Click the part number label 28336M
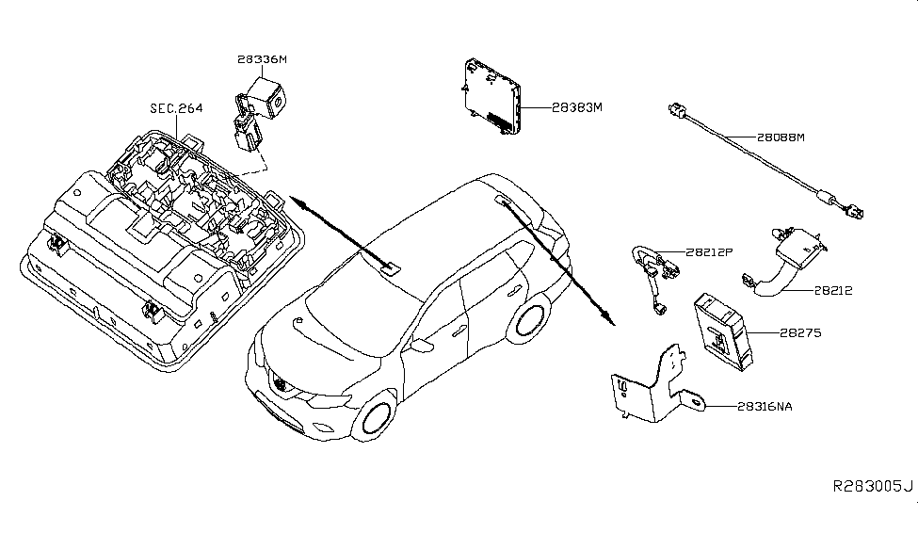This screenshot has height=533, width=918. pyautogui.click(x=262, y=59)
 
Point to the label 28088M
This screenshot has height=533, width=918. pyautogui.click(x=779, y=137)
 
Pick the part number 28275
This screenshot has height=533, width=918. pyautogui.click(x=801, y=332)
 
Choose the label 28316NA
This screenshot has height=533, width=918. pyautogui.click(x=765, y=406)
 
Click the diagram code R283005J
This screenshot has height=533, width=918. pyautogui.click(x=871, y=486)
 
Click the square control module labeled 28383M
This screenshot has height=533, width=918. pyautogui.click(x=493, y=98)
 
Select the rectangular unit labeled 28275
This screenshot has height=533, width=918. pyautogui.click(x=723, y=332)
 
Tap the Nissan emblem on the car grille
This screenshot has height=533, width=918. pyautogui.click(x=280, y=384)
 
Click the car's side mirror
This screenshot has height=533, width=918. pyautogui.click(x=413, y=336)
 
